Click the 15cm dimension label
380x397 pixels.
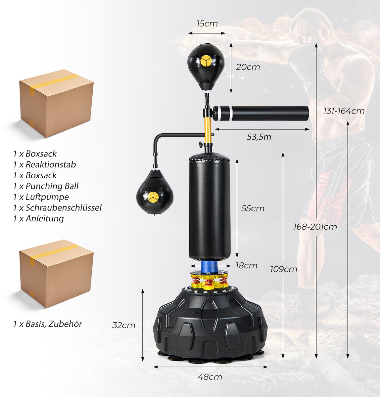coord(207,24)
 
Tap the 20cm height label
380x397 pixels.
coord(248,67)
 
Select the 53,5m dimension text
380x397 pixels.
coord(259,137)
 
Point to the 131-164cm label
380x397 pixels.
coord(344,111)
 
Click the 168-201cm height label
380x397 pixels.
coord(315,227)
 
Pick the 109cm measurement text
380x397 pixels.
coord(283,269)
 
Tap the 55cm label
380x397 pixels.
coord(253,208)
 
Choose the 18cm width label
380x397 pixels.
coord(246,266)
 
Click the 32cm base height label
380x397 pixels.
coord(124,326)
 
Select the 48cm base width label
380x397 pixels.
coord(210,377)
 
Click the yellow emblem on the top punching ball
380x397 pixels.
coord(206,61)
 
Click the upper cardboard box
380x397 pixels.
coord(56,103)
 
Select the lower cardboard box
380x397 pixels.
coord(56,274)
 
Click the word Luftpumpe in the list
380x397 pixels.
coord(47,197)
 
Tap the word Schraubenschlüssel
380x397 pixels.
coord(64,208)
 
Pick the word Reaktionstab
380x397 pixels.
coord(51,164)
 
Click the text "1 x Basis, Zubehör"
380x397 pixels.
coord(48,324)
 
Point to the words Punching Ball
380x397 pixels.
coord(52,186)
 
